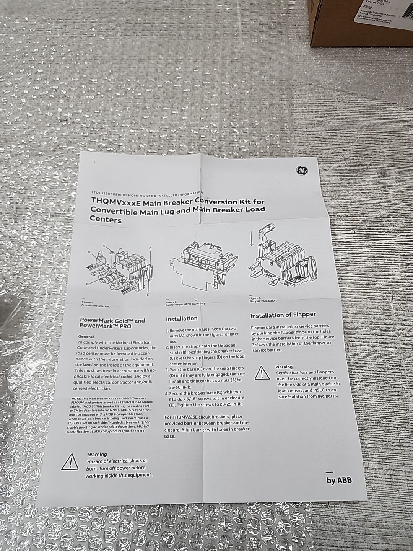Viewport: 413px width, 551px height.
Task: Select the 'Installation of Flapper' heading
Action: [x=283, y=315]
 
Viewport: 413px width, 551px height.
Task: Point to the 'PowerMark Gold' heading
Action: [x=112, y=320]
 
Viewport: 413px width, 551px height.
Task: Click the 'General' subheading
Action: [x=86, y=337]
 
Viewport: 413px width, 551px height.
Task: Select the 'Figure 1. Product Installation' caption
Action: [x=95, y=305]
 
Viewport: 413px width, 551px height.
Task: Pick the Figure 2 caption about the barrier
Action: [x=185, y=303]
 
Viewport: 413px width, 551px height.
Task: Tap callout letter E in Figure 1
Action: [x=148, y=295]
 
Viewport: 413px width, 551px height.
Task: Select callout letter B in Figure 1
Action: [x=88, y=284]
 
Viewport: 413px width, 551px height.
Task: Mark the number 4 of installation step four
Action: [x=167, y=393]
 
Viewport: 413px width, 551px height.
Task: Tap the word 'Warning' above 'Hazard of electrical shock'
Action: [x=97, y=455]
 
